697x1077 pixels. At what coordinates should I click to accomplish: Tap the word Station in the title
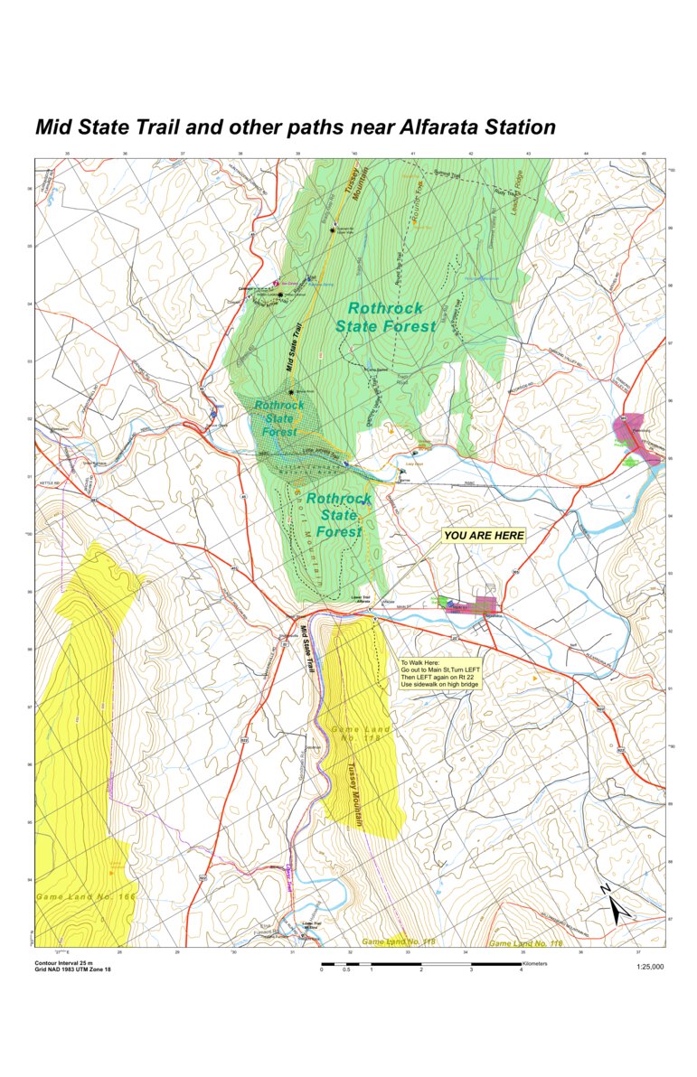(x=518, y=127)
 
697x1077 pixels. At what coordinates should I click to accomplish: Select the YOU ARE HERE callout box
(x=484, y=536)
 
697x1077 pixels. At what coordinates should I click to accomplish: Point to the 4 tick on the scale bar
(x=521, y=970)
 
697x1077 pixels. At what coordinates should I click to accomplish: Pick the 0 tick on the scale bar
(x=322, y=970)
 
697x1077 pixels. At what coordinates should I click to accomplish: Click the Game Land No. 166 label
(x=85, y=897)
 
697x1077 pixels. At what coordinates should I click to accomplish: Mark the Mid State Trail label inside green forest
(x=296, y=351)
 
